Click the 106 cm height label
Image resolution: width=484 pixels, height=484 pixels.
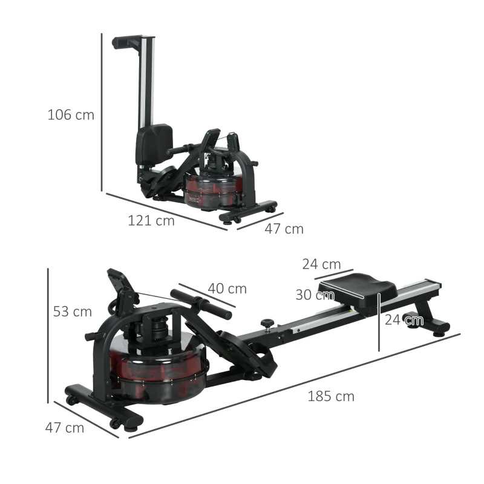pyautogui.click(x=71, y=114)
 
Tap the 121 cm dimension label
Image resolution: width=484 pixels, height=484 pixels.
pyautogui.click(x=151, y=221)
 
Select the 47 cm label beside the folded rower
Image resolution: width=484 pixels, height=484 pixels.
pyautogui.click(x=284, y=229)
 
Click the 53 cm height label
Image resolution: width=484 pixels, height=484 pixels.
pyautogui.click(x=72, y=312)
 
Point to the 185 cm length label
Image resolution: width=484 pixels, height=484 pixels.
pyautogui.click(x=331, y=397)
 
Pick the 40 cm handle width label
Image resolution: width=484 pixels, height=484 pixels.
pyautogui.click(x=227, y=289)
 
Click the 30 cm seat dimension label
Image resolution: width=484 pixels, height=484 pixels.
pyautogui.click(x=315, y=295)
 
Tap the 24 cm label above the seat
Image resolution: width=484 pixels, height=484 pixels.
pyautogui.click(x=321, y=264)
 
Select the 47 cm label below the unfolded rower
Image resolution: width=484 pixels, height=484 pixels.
pyautogui.click(x=64, y=428)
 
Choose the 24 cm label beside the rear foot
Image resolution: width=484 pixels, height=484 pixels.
pyautogui.click(x=404, y=320)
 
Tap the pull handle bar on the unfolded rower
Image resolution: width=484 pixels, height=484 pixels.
pyautogui.click(x=201, y=304)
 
